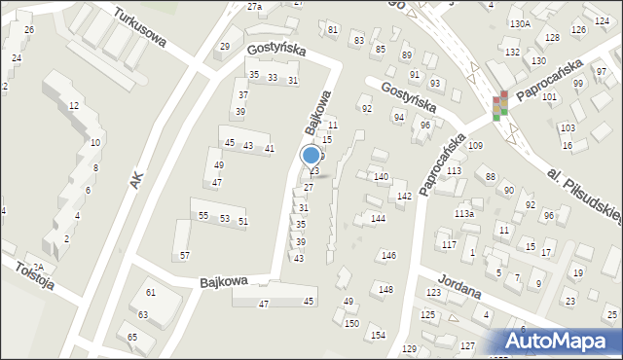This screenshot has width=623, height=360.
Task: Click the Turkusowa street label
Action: [x=139, y=29]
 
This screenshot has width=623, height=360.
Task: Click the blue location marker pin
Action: [x=311, y=155]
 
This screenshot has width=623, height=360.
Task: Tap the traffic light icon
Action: [x=499, y=105]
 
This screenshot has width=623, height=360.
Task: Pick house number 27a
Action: [x=254, y=7]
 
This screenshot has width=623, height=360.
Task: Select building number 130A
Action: [x=520, y=22]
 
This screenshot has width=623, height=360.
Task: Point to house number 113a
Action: [x=463, y=214]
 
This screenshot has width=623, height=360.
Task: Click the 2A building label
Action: [x=39, y=267]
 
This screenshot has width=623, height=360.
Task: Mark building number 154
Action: [x=378, y=335]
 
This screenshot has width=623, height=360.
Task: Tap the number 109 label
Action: [x=475, y=145]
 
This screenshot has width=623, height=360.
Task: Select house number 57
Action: [x=184, y=256]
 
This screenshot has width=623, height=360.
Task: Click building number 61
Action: [x=151, y=293]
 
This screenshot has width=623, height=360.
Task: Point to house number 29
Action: [x=225, y=47]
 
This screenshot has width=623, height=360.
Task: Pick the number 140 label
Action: [x=382, y=177]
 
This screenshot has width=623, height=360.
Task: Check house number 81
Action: [x=333, y=30]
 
